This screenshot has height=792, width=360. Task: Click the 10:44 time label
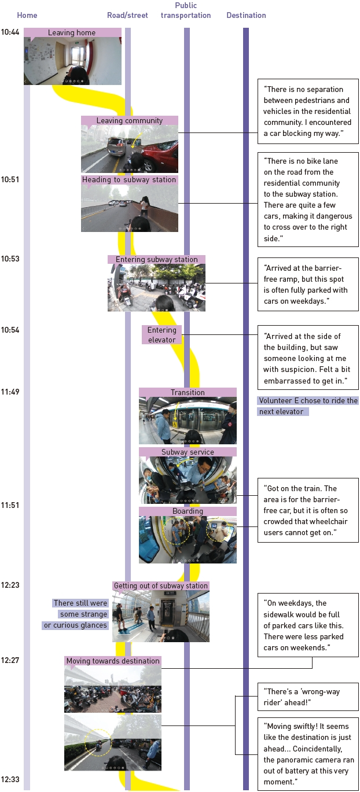coord(10,32)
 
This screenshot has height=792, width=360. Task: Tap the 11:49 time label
coord(10,392)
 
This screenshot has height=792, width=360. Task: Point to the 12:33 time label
coord(10,779)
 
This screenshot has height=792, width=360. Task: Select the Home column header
coord(27,16)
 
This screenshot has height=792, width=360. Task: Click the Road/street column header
coord(127,16)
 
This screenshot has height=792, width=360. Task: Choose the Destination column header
coord(246,16)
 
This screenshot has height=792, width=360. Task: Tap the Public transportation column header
coord(185,11)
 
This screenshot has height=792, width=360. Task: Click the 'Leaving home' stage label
coord(72,33)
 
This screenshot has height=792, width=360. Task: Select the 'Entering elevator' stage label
coord(161,335)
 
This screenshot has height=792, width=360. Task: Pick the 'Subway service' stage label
coord(188,452)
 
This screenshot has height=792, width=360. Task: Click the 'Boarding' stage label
coord(188,511)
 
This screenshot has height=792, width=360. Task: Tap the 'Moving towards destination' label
coord(112,661)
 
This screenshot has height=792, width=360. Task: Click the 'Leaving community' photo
coord(130,149)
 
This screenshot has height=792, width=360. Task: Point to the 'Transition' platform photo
coord(188,421)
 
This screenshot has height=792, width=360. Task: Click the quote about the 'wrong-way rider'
coord(308,697)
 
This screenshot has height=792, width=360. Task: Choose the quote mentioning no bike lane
coord(308,199)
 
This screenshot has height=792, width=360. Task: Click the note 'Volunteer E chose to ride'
coord(308,406)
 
